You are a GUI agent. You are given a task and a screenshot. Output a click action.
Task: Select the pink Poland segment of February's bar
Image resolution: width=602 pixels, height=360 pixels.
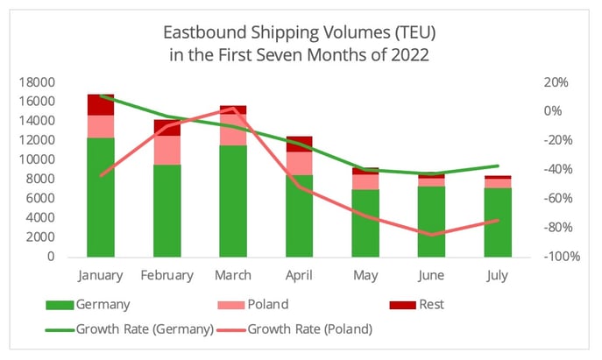tap(166, 150)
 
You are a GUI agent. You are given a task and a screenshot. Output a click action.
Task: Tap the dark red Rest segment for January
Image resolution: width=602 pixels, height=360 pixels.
tap(101, 105)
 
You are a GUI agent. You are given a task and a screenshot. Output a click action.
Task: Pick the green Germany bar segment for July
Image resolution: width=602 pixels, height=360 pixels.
tap(497, 222)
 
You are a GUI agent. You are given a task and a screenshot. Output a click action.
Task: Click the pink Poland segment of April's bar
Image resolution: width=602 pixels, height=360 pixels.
tap(299, 163)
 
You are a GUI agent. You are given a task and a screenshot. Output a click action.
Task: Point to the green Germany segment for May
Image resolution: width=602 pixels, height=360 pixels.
tap(365, 223)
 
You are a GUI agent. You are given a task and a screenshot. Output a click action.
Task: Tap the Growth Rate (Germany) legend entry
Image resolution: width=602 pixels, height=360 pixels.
tap(145, 329)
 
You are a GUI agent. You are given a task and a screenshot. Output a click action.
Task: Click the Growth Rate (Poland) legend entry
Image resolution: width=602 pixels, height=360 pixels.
tap(312, 329)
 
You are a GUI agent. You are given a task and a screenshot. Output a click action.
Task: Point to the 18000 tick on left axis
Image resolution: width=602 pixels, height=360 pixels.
tap(36, 82)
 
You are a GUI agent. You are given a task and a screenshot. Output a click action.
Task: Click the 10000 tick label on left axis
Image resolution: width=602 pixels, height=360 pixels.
tap(36, 160)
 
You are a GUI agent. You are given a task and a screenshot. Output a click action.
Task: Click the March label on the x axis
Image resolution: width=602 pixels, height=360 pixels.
tap(233, 275)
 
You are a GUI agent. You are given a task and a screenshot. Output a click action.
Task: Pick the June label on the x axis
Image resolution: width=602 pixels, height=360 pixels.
tap(430, 275)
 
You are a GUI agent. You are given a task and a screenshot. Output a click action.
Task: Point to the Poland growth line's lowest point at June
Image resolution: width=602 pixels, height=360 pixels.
tap(431, 235)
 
